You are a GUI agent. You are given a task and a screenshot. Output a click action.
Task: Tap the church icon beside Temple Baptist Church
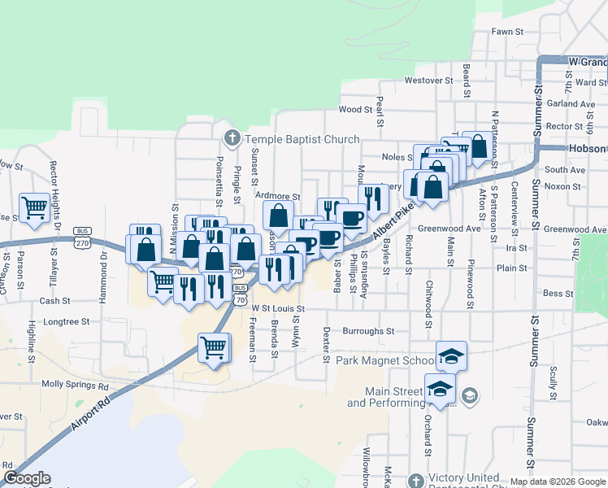point(232,137)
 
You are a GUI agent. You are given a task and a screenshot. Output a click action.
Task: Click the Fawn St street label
point(506,32)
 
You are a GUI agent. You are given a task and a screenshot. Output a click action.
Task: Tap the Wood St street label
point(354,110)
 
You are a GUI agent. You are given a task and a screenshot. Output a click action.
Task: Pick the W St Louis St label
point(278,309)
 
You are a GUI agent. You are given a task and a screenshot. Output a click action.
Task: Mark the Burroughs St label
point(368,332)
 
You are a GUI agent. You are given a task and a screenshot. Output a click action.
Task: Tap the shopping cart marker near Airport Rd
point(214,347)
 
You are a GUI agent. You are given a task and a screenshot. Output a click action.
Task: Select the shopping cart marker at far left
point(34,207)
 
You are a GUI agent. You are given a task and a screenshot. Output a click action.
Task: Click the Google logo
point(27,478)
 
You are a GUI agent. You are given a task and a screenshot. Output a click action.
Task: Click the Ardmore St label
point(277,197)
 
